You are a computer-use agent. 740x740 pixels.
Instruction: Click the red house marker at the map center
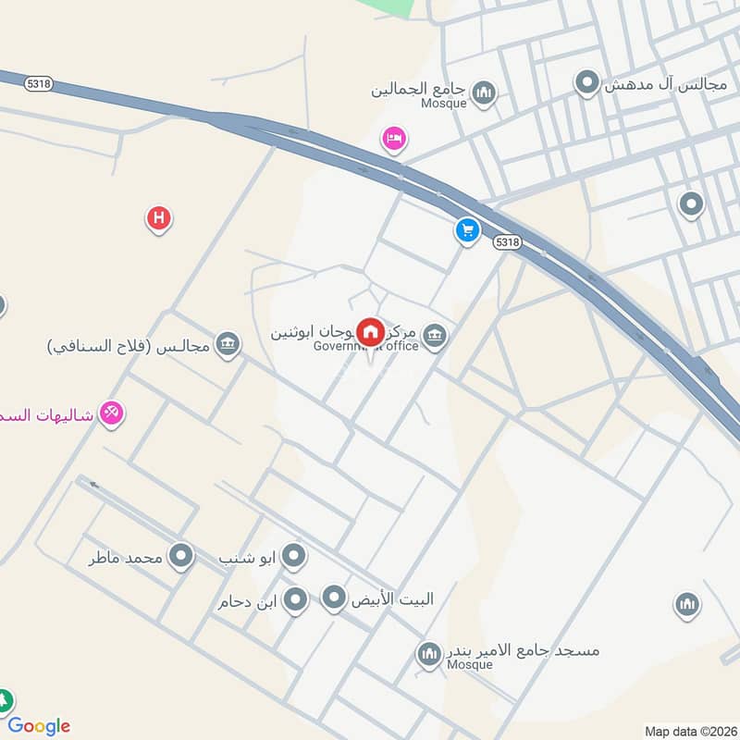tap(371, 330)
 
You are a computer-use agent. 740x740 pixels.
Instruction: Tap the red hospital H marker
tap(159, 219)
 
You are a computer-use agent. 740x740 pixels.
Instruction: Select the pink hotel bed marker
tap(394, 139)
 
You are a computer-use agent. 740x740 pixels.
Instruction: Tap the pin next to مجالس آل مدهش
tap(586, 84)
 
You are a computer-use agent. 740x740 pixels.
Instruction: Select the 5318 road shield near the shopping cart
tap(507, 241)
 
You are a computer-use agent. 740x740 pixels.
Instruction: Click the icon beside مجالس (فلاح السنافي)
tap(227, 346)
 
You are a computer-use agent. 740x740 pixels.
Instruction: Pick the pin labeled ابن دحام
tap(295, 600)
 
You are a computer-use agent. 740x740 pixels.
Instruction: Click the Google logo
tap(39, 726)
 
